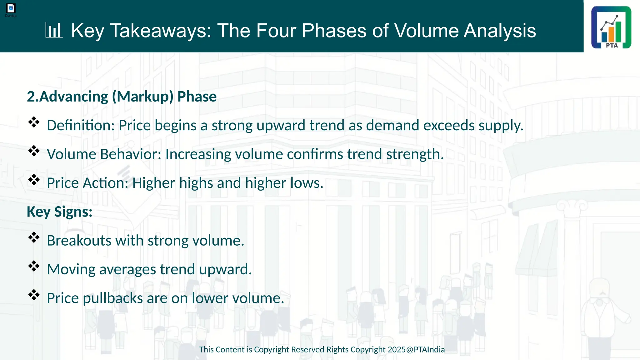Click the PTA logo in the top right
tap(611, 27)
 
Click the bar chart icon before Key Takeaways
tap(54, 30)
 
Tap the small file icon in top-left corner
tap(11, 8)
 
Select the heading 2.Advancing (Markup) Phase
tap(122, 97)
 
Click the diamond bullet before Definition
tap(34, 122)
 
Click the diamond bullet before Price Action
tap(34, 180)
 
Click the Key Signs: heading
tap(59, 212)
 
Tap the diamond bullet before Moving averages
tap(34, 266)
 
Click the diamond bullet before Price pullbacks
tap(34, 295)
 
